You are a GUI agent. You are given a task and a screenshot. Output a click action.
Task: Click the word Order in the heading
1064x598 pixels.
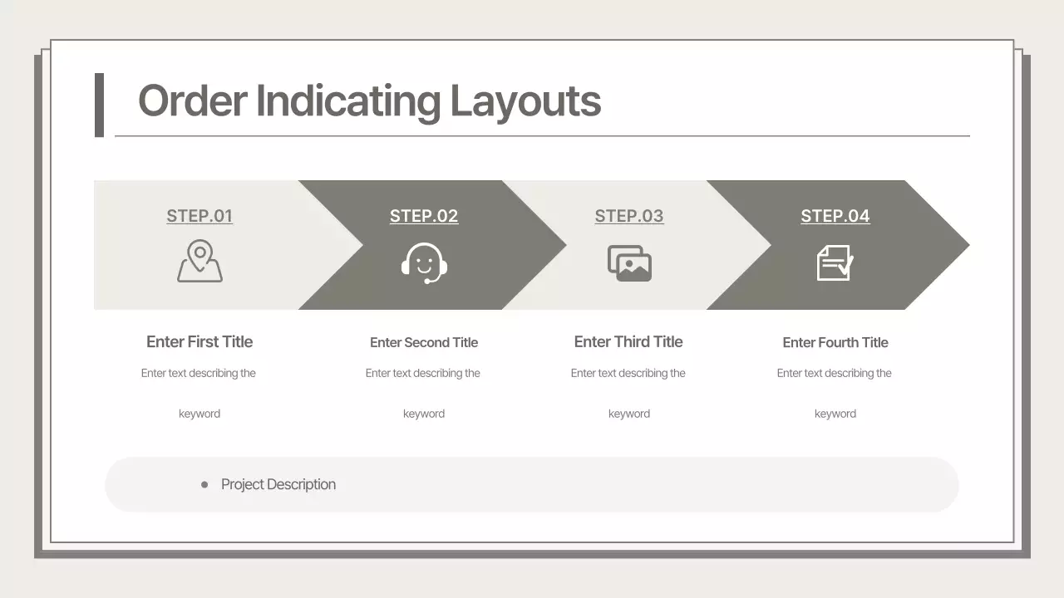tap(193, 100)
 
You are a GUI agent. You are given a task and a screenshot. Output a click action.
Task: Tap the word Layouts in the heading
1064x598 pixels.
tap(525, 102)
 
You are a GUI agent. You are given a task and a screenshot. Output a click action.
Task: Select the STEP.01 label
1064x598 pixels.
tap(199, 216)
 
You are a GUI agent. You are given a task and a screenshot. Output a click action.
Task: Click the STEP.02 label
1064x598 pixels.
tap(424, 216)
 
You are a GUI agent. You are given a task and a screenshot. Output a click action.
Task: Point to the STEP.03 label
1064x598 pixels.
tap(629, 216)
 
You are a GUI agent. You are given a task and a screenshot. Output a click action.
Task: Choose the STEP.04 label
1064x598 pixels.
tap(835, 216)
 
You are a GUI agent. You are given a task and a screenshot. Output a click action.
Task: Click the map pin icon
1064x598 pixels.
tap(199, 262)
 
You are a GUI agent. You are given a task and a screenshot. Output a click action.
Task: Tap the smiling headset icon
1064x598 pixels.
tap(424, 262)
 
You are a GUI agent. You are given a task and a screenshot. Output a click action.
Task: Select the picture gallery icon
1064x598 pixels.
tap(629, 262)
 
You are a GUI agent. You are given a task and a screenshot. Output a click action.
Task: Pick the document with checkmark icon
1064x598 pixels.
tap(835, 262)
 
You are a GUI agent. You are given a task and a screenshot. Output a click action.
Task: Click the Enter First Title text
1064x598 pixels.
tap(199, 341)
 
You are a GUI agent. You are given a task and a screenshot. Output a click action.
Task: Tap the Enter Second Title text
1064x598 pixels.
tap(424, 342)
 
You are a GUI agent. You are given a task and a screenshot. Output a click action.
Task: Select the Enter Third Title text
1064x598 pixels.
tap(628, 341)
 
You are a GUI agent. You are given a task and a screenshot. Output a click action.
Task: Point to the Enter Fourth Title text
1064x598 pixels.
tap(835, 342)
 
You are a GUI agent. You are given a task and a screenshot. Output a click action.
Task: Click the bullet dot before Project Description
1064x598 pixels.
tap(204, 484)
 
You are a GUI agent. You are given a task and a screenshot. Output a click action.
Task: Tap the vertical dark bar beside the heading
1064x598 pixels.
tap(99, 105)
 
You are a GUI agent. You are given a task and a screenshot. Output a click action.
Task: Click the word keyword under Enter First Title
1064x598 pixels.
tap(199, 414)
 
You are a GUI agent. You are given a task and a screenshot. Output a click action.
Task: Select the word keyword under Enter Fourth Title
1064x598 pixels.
tap(835, 414)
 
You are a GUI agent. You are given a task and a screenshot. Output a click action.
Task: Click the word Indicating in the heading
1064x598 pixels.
tap(347, 102)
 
